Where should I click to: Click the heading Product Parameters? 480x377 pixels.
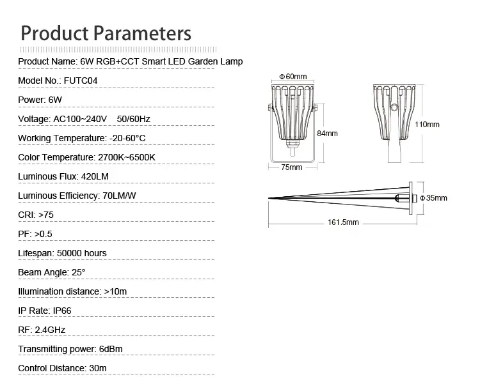pos(106,33)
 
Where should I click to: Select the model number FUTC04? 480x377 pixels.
pos(81,81)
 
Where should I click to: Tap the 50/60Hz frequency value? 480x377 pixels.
pos(134,119)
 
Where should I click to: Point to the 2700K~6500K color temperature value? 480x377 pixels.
pos(127,157)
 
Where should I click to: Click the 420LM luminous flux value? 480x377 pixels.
pos(95,176)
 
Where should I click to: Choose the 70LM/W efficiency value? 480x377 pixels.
pos(120,196)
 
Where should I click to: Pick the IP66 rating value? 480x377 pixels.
pos(62,311)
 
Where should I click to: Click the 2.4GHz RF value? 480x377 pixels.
pos(50,330)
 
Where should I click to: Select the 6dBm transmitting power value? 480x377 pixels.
pos(111,349)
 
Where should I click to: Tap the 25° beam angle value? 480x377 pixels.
pos(78,272)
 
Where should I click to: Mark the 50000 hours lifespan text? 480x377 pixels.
pos(82,253)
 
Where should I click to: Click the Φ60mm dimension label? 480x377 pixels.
pos(293,77)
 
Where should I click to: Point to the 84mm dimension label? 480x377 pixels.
pos(327,134)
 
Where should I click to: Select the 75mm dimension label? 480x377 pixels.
pos(292,167)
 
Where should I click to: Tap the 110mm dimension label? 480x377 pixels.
pos(427,125)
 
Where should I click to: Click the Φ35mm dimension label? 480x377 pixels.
pos(433,198)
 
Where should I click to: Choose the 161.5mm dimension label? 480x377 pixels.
pos(343,222)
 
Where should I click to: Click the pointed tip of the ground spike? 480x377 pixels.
pos(269,198)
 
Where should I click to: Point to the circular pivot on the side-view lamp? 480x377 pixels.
pos(395,107)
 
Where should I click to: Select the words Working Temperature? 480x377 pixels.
pos(61,138)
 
